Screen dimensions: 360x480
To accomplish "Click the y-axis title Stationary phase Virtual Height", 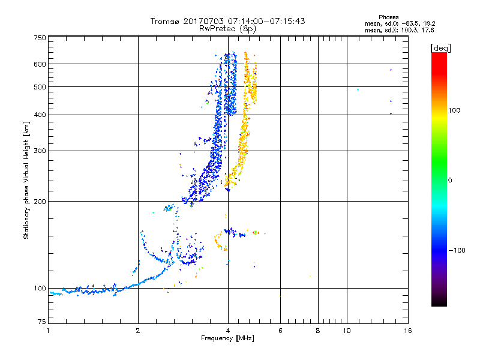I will (26, 181).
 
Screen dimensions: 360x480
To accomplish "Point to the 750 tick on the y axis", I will (40, 37).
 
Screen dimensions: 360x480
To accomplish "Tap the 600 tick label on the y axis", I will (40, 64).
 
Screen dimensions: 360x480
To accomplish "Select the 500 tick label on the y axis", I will (40, 87).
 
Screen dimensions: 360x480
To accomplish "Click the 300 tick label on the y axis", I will (40, 151).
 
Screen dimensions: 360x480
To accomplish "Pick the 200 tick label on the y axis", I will (40, 202).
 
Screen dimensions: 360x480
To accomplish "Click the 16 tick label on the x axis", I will (407, 331).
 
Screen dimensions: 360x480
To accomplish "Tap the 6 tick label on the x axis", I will (280, 331).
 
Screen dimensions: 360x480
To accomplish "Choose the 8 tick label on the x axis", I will (318, 331).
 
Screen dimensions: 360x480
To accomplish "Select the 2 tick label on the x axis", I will (138, 331).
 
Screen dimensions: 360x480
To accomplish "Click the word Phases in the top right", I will (389, 17).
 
